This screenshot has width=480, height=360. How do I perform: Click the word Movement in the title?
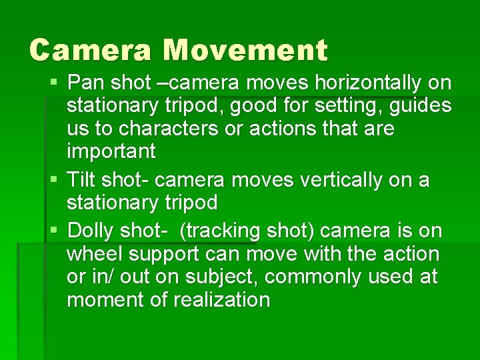(245, 50)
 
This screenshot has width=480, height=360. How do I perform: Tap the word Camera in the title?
(92, 50)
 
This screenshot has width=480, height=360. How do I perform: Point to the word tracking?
(226, 231)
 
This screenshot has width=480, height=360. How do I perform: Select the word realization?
(221, 300)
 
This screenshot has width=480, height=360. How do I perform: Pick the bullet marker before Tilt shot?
(53, 181)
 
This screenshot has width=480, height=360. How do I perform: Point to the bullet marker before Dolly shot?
(53, 231)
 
